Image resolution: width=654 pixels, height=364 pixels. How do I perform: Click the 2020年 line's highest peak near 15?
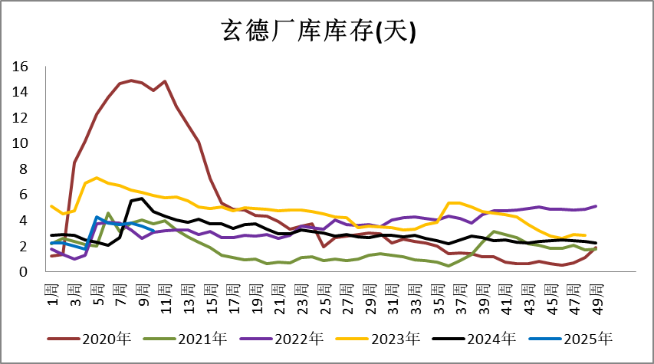pos(131,80)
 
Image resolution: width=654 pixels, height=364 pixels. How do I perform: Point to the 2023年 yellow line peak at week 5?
pos(97,178)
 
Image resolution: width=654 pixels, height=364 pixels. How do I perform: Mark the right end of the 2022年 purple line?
pos(596,206)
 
